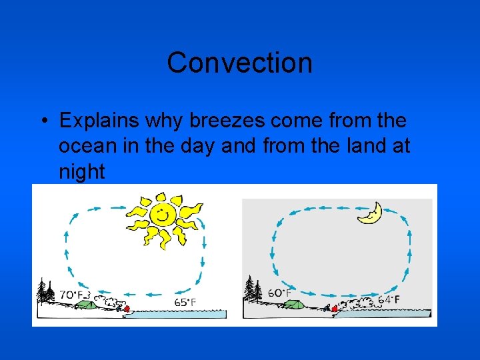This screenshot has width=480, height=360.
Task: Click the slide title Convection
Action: coord(239,63)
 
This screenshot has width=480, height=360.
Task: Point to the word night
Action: coord(82,172)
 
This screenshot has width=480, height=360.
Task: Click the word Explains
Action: coord(99,121)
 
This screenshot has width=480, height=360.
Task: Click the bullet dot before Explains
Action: coord(42,121)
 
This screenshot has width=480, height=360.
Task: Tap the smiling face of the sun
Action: coord(161,215)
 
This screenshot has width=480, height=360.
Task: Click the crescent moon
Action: coord(369,213)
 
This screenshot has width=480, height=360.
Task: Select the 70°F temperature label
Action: coord(73,293)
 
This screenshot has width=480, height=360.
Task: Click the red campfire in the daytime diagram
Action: coord(127,309)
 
